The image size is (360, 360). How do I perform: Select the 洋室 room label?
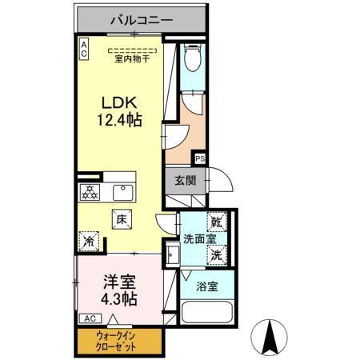tap(118, 282)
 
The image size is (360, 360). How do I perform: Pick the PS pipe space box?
tap(199, 159)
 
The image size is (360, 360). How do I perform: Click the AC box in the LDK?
tap(82, 49)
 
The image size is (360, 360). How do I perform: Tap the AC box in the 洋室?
tap(89, 318)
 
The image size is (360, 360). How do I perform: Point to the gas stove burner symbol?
tap(90, 193)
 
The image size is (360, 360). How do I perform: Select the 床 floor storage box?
tap(122, 217)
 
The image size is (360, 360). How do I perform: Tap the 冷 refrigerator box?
tap(88, 240)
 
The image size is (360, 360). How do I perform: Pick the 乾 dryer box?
tap(217, 222)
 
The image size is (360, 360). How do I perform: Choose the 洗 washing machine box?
tap(217, 255)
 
